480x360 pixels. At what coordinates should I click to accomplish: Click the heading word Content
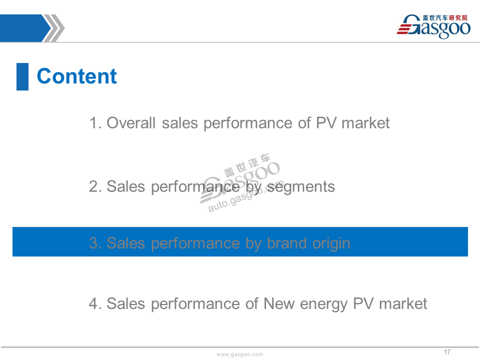tap(77, 76)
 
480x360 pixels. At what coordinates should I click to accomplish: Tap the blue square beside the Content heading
tap(22, 76)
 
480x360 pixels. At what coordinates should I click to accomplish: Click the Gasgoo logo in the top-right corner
tap(433, 26)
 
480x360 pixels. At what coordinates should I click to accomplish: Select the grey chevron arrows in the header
tap(54, 28)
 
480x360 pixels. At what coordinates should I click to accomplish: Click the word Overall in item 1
tap(131, 123)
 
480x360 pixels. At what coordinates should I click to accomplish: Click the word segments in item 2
tap(301, 187)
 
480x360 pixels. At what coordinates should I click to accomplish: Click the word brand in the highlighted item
tap(286, 243)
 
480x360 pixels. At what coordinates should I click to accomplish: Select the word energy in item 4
tap(323, 305)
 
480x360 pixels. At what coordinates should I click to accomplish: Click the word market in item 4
tap(403, 303)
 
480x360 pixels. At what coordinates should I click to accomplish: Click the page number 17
tap(447, 352)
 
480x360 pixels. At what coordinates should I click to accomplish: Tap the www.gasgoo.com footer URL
tap(239, 354)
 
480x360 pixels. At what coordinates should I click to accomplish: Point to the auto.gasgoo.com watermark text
tap(245, 197)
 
